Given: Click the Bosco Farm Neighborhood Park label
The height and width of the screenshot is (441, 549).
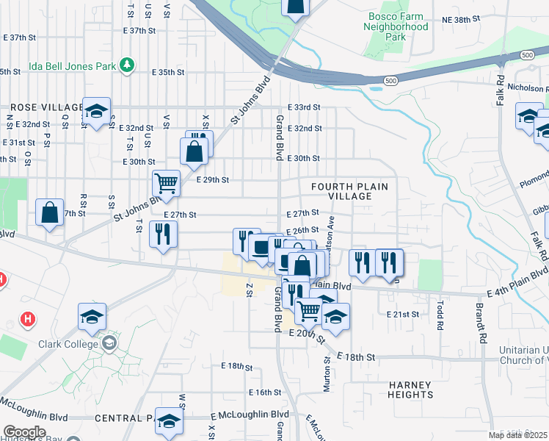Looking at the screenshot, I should click(x=396, y=26).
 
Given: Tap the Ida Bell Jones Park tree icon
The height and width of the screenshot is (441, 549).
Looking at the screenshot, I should click(x=128, y=65).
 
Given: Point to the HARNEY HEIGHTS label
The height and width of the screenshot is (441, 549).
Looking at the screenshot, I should click(x=410, y=390).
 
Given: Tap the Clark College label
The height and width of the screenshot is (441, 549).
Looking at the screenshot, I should click(x=70, y=344).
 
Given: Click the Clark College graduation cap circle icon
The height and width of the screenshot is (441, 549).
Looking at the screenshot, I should click(x=109, y=343).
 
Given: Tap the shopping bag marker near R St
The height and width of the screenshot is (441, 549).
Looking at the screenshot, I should click(x=48, y=212).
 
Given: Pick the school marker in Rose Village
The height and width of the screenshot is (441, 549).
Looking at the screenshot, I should click(x=96, y=110).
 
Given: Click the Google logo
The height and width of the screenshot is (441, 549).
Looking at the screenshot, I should click(x=24, y=432).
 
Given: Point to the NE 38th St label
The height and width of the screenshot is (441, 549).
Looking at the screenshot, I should click(x=460, y=20).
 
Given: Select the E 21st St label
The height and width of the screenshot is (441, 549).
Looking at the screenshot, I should click(x=402, y=314).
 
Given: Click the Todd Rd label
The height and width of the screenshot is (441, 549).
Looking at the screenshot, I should click(x=440, y=315).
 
